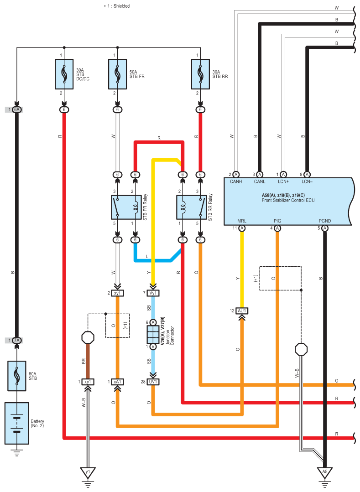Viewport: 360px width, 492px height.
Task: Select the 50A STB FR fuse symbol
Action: point(118,73)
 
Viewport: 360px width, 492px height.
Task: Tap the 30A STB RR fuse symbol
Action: point(200,73)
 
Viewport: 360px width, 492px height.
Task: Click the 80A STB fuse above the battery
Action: point(17,375)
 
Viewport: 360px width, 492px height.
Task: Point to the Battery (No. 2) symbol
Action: point(17,423)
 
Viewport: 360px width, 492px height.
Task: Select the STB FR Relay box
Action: point(126,207)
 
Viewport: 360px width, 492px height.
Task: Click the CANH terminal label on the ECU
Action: point(236,181)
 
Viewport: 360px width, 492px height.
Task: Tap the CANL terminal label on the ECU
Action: point(260,181)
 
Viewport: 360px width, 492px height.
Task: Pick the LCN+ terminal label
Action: point(283,181)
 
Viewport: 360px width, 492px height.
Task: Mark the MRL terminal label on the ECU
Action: point(242,221)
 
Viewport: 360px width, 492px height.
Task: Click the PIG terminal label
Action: point(277,221)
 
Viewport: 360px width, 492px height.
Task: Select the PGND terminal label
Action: point(324,221)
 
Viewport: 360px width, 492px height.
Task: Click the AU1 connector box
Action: point(242,311)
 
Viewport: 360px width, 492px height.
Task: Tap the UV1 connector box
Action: point(153,382)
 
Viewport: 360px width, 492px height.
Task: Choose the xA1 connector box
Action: point(118,382)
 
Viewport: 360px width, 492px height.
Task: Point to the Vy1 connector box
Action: point(153,293)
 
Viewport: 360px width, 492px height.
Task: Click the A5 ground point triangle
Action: point(324,472)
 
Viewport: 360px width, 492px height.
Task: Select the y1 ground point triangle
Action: point(87,472)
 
